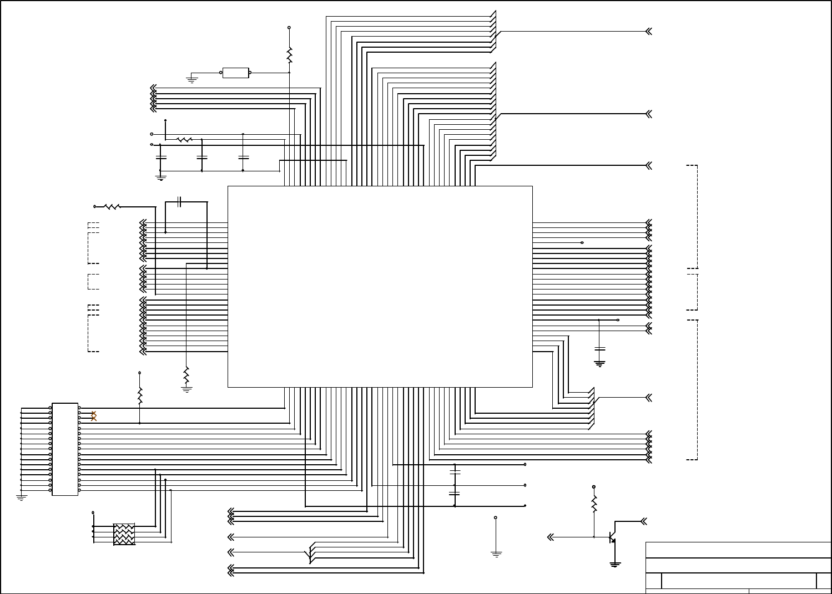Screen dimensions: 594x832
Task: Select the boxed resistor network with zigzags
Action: click(124, 534)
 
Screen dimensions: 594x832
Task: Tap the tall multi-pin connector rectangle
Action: click(65, 449)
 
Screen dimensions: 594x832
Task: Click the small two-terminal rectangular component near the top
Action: click(235, 73)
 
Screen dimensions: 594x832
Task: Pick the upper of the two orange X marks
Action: click(94, 413)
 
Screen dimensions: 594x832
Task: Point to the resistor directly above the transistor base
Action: click(594, 504)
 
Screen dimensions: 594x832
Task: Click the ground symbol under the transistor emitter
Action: click(615, 564)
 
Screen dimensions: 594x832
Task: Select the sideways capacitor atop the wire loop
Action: click(179, 202)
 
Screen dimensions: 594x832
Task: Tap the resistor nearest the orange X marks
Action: click(139, 395)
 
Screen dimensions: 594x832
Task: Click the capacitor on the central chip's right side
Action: click(599, 349)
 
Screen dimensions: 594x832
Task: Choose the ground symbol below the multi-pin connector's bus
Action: click(22, 497)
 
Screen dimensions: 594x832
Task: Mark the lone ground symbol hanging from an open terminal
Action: click(496, 553)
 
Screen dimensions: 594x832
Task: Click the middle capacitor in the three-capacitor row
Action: click(202, 158)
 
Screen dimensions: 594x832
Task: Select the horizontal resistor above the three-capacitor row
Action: click(184, 140)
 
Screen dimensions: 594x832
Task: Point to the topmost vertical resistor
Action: click(289, 55)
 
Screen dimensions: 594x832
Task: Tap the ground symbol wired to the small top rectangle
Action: click(192, 80)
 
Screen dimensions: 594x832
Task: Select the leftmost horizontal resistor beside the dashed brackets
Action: click(113, 206)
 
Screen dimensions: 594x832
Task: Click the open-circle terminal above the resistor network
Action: click(93, 512)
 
